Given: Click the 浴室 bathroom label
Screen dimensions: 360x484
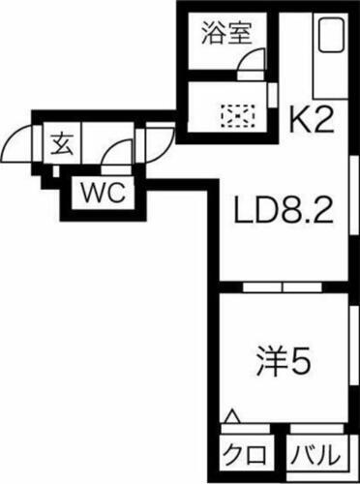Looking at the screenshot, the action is click(227, 34).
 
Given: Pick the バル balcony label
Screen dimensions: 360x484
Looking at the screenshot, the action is click(315, 454).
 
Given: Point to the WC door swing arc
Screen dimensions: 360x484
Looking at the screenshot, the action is click(120, 155).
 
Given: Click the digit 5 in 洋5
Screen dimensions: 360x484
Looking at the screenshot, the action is click(300, 363).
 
